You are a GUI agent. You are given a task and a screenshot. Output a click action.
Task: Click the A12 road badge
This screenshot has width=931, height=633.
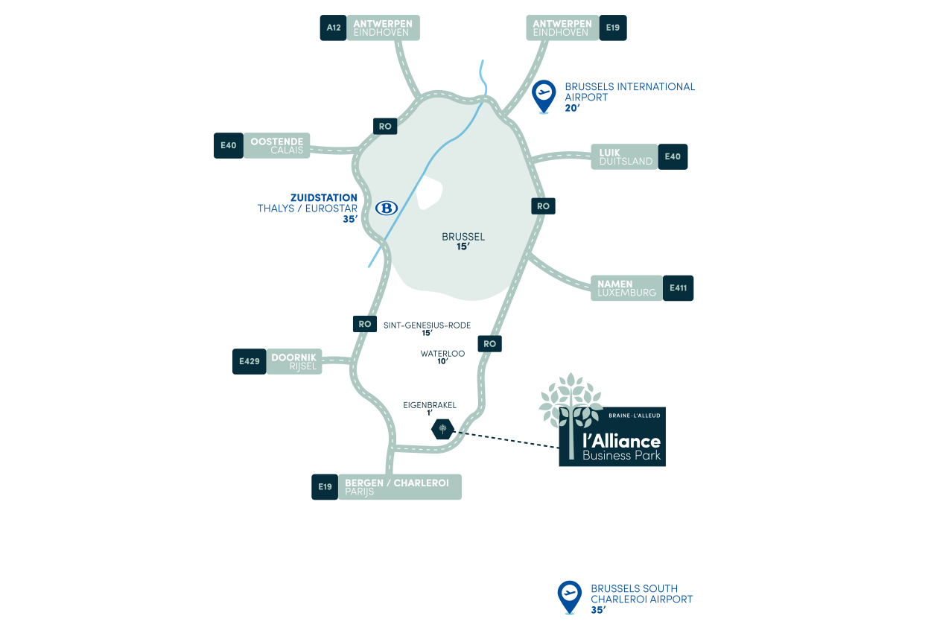point(334,28)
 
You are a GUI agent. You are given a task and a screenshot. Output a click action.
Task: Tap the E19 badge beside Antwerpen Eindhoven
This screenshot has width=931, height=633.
point(613,28)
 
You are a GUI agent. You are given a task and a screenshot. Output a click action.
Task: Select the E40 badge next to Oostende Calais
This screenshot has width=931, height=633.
point(229,145)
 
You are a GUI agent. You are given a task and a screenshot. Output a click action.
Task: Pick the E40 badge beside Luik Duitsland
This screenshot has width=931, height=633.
point(673,156)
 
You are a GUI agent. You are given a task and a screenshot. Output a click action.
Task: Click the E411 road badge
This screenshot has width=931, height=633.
point(678,288)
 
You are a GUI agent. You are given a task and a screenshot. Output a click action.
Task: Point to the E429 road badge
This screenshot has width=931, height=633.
point(250,362)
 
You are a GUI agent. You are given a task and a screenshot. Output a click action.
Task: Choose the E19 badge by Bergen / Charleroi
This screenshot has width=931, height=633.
point(325,487)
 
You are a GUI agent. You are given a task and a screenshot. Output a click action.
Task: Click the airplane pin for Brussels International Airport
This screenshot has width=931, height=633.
point(544,96)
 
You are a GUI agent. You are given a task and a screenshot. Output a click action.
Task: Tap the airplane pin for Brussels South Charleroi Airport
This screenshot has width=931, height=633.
point(570,597)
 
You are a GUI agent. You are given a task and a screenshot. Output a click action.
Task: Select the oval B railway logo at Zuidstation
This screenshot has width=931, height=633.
point(387,209)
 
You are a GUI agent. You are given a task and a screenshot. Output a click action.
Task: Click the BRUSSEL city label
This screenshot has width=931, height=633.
point(463,237)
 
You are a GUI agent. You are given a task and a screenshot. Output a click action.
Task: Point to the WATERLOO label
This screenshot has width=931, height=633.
point(442,354)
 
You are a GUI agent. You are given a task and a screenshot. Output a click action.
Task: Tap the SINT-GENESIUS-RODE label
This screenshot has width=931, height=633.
point(427,325)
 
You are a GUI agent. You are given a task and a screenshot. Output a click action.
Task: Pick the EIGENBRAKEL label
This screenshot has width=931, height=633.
point(430,405)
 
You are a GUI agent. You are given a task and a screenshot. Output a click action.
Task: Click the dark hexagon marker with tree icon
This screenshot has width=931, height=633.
point(442,430)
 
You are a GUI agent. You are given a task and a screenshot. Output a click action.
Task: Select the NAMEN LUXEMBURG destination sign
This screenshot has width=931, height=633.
point(627,288)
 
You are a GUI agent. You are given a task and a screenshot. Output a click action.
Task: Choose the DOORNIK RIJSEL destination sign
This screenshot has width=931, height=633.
point(294,362)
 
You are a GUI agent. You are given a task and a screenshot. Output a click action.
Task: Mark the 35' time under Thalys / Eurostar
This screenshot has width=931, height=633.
point(350,219)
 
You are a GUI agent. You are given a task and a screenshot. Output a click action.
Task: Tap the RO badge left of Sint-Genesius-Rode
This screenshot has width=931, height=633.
point(365,324)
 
